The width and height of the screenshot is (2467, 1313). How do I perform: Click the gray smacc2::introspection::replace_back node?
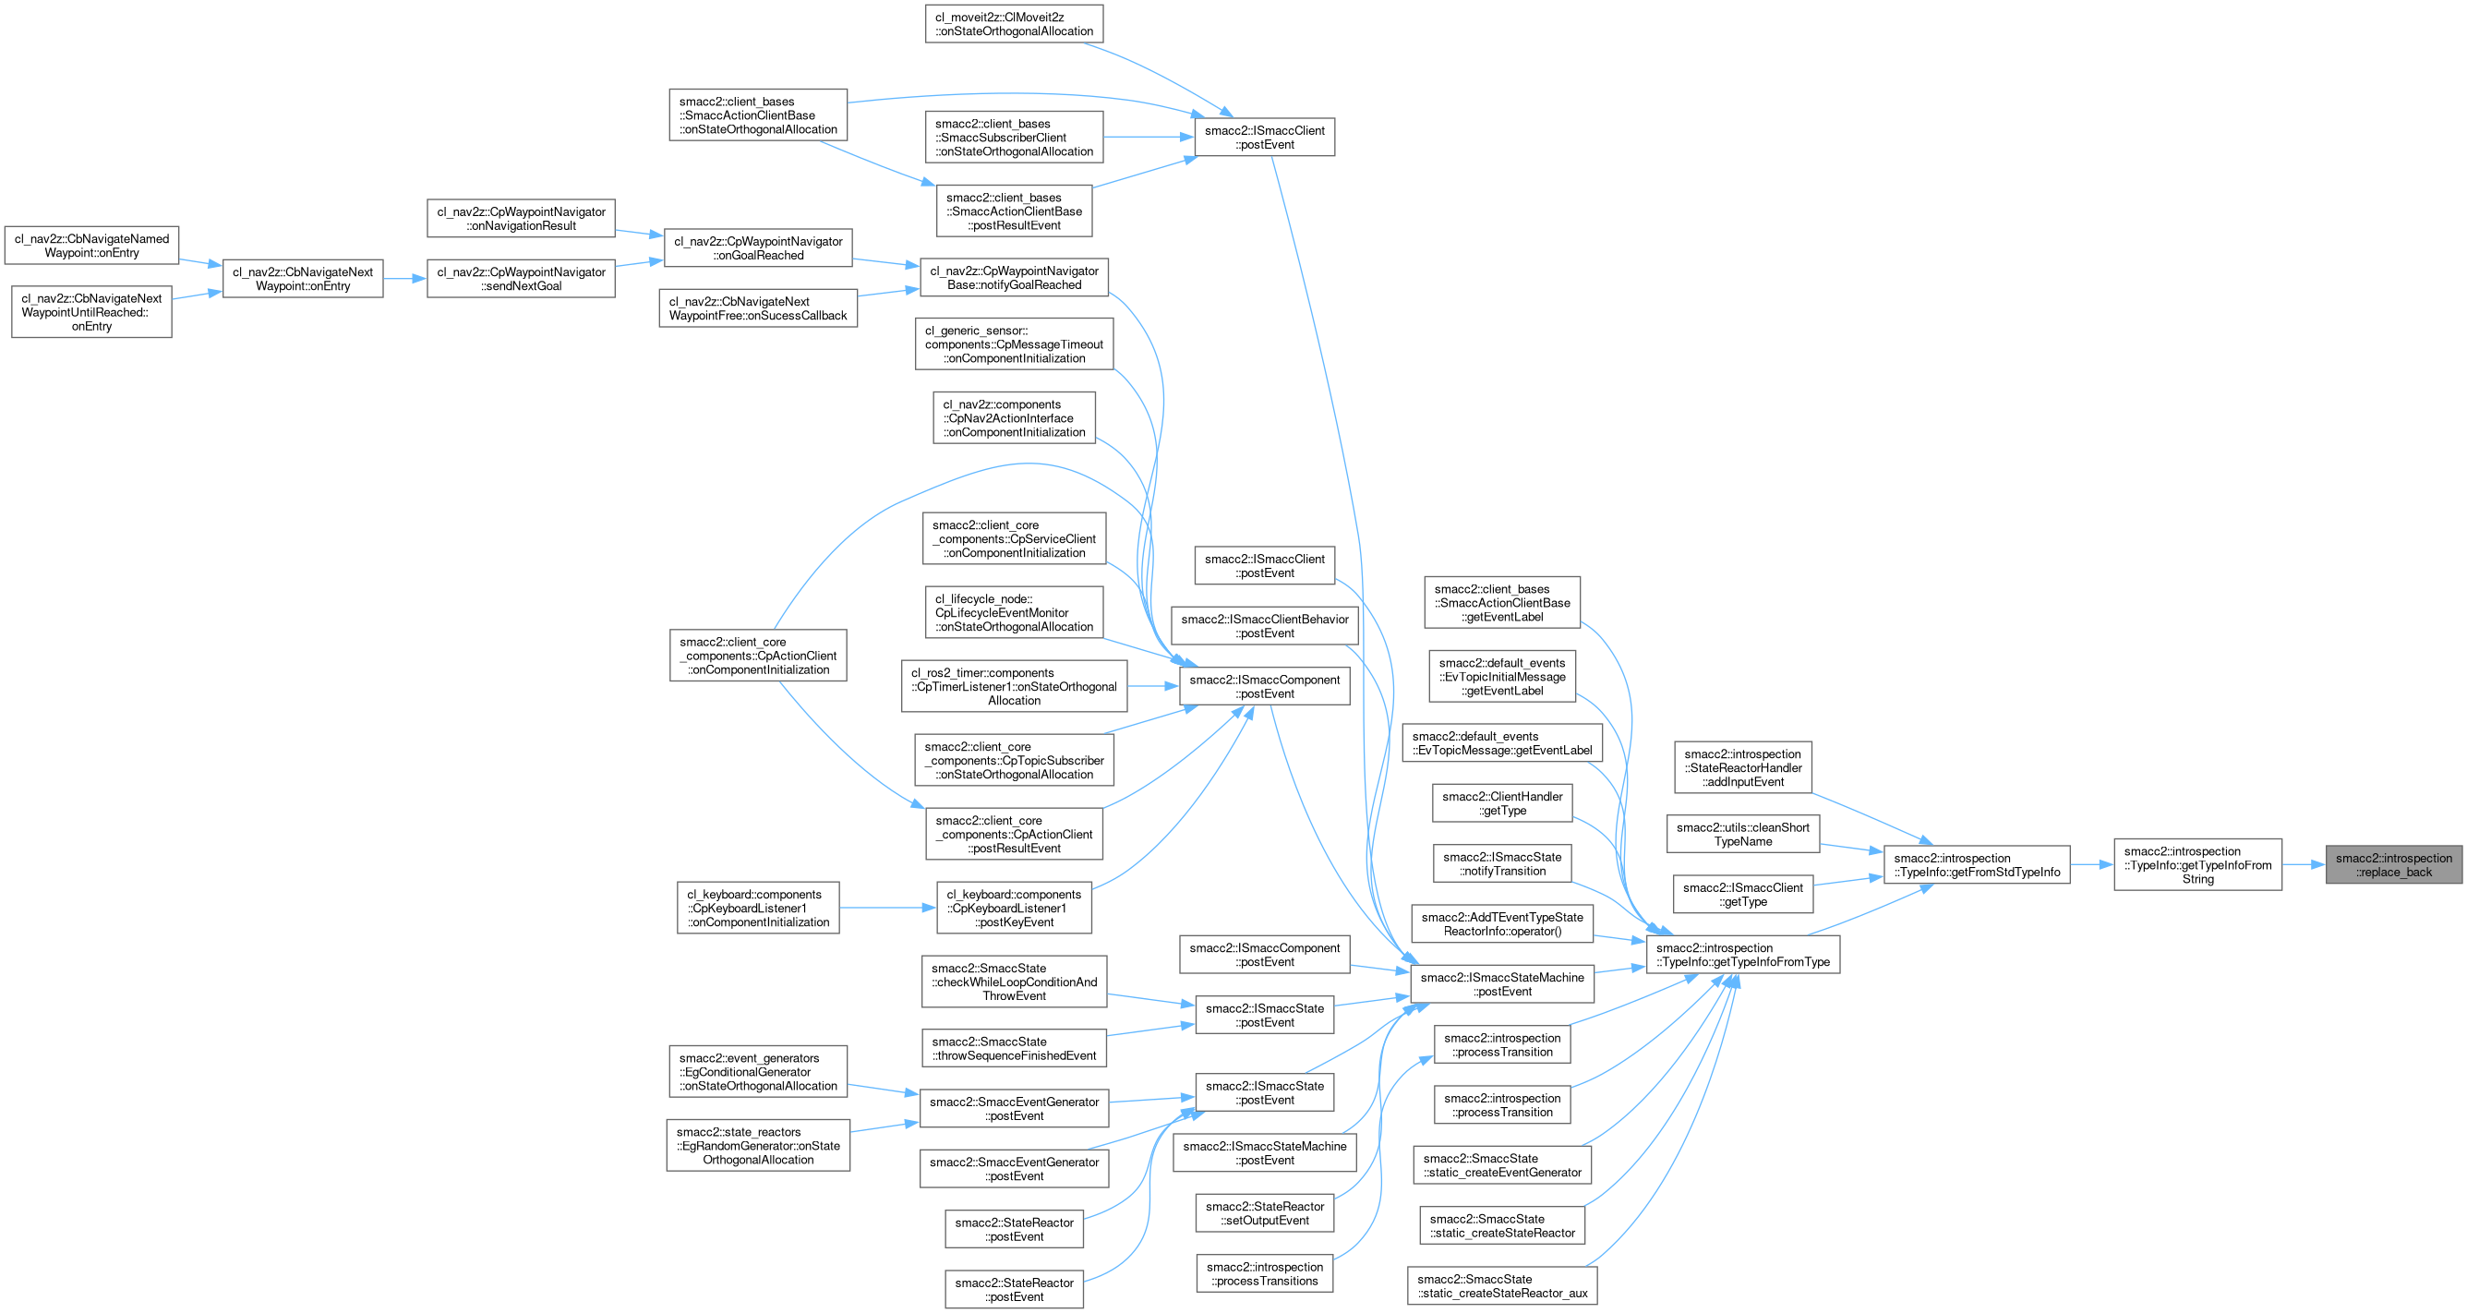coord(2393,865)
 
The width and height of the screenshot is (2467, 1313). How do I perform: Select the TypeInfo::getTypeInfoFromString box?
coord(2196,865)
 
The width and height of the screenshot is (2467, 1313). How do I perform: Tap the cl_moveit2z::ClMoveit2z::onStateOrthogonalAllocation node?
coord(1014,24)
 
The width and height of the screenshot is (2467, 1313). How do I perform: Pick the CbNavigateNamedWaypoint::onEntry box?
coord(92,247)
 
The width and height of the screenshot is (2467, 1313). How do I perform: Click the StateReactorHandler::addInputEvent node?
coord(1743,767)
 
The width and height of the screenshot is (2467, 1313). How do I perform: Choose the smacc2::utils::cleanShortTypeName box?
coord(1743,834)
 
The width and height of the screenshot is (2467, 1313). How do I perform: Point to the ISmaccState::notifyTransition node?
coord(1501,864)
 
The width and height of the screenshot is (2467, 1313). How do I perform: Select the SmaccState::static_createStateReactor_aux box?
coord(1501,1286)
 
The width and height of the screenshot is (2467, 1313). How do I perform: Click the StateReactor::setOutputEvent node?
coord(1264,1213)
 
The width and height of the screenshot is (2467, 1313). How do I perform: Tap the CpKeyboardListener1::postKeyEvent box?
coord(1014,908)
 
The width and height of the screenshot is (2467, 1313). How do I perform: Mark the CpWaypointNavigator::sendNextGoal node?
coord(521,279)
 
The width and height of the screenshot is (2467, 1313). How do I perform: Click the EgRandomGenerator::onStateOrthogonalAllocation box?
coord(757,1145)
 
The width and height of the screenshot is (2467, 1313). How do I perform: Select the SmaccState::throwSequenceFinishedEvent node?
coord(1014,1049)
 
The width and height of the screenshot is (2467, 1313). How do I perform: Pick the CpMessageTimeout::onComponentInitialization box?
coord(1014,343)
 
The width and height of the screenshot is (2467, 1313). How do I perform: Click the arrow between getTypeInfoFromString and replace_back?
coord(2304,865)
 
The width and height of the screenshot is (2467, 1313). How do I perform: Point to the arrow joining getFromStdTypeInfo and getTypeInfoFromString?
coord(2091,865)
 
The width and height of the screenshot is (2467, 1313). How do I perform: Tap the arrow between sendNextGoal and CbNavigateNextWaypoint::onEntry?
coord(404,279)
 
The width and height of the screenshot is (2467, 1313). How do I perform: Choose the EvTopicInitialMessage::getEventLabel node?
coord(1501,676)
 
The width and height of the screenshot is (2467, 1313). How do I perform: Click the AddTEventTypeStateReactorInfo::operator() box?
coord(1501,924)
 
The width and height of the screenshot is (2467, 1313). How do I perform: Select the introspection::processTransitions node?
coord(1264,1273)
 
